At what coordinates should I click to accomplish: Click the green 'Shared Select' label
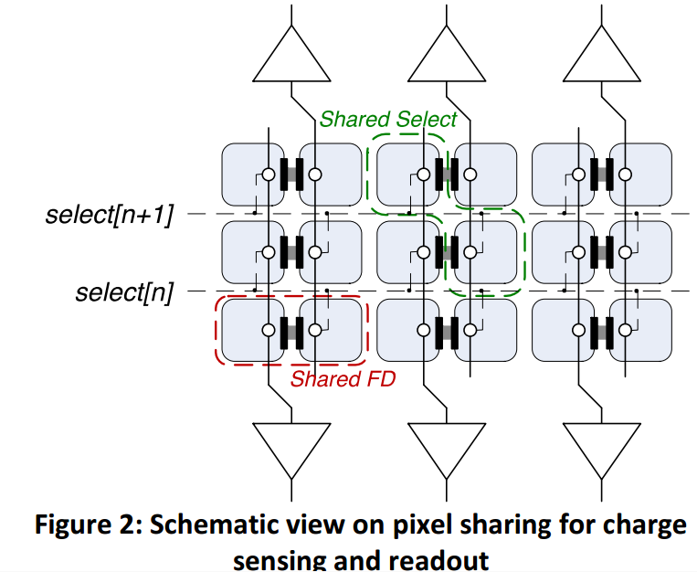click(x=388, y=119)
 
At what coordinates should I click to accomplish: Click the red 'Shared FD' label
click(x=343, y=379)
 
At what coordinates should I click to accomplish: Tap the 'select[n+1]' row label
click(x=109, y=216)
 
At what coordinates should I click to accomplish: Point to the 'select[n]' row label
click(x=124, y=293)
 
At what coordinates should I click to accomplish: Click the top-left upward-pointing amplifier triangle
click(x=291, y=54)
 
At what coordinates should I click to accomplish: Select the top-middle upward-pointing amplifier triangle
click(x=447, y=54)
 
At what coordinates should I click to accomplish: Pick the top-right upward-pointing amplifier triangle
click(x=602, y=54)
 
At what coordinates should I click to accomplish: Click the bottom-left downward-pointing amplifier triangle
click(x=291, y=450)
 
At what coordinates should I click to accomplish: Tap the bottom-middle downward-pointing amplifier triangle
click(x=447, y=450)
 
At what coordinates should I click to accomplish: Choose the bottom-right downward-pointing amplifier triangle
click(x=602, y=450)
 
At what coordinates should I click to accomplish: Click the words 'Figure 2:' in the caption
click(x=89, y=524)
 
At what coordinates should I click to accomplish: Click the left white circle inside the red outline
click(x=269, y=330)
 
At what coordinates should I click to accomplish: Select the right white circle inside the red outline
click(x=315, y=330)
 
